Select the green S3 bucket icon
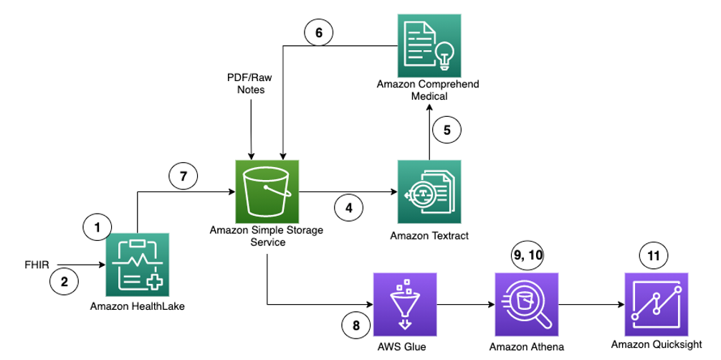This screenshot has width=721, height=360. pyautogui.click(x=267, y=191)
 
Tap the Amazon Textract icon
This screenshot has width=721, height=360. pyautogui.click(x=429, y=191)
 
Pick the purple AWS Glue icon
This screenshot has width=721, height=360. pyautogui.click(x=405, y=304)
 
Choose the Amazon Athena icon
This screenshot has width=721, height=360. pyautogui.click(x=526, y=304)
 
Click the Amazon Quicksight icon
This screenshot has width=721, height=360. pyautogui.click(x=655, y=304)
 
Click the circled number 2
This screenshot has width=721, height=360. pyautogui.click(x=63, y=282)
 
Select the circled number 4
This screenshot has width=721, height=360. pyautogui.click(x=349, y=209)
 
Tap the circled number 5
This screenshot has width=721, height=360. pyautogui.click(x=447, y=130)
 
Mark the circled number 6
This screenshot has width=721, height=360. pyautogui.click(x=319, y=32)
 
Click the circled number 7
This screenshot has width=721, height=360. pyautogui.click(x=183, y=176)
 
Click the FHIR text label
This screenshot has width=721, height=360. pyautogui.click(x=36, y=265)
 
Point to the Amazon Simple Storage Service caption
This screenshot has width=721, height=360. pyautogui.click(x=266, y=236)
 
